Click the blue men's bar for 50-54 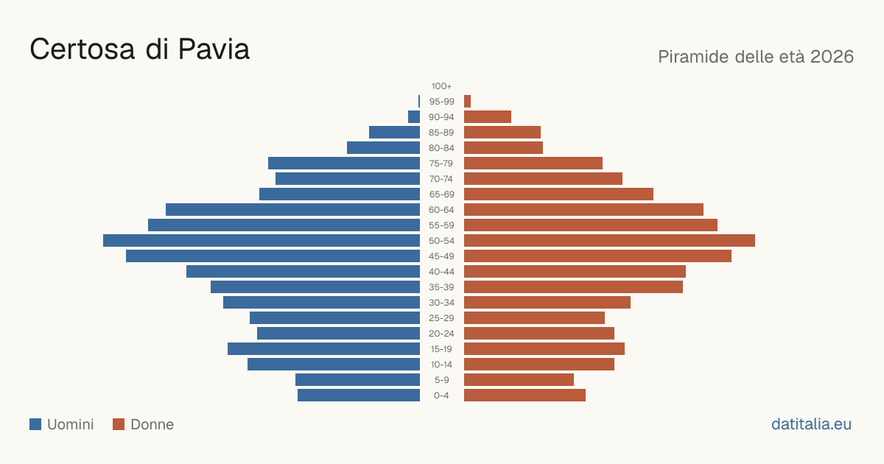[262, 241]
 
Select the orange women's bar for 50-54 [609, 241]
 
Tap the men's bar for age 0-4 [359, 396]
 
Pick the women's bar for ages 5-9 [519, 380]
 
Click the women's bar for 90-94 [488, 117]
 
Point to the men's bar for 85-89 [394, 132]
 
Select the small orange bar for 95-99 [467, 102]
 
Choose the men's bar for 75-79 [344, 164]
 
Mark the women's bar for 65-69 [558, 194]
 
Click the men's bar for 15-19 [323, 349]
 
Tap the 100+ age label [441, 86]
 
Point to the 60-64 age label [441, 210]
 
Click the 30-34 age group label [441, 303]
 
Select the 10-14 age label [441, 365]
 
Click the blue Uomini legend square [35, 424]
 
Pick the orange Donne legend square [119, 424]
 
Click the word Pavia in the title [214, 49]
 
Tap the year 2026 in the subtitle [832, 57]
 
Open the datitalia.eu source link [811, 424]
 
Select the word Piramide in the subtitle [693, 57]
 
